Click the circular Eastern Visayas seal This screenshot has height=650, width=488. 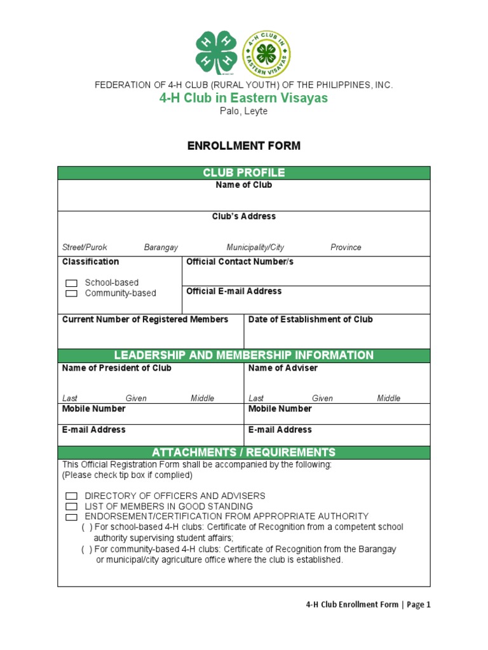[267, 54]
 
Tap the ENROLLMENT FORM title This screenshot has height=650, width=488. [244, 146]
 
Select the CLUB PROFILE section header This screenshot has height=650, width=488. [244, 173]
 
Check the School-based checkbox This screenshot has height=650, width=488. [72, 283]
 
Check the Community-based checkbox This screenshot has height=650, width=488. [72, 293]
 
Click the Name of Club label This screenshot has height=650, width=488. [244, 185]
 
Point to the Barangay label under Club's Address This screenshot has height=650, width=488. [161, 248]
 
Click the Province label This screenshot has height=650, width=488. [346, 248]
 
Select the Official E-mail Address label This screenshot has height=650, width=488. [234, 291]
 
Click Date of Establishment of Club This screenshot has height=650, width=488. [310, 320]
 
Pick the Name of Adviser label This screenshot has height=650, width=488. [283, 368]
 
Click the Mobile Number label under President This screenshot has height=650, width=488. [93, 409]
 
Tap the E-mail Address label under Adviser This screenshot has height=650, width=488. [280, 430]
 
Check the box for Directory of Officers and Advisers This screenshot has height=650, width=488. [72, 496]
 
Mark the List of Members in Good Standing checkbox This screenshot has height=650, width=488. [72, 507]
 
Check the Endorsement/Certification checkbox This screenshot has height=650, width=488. [72, 517]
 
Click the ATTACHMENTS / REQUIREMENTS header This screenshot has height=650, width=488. [244, 453]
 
